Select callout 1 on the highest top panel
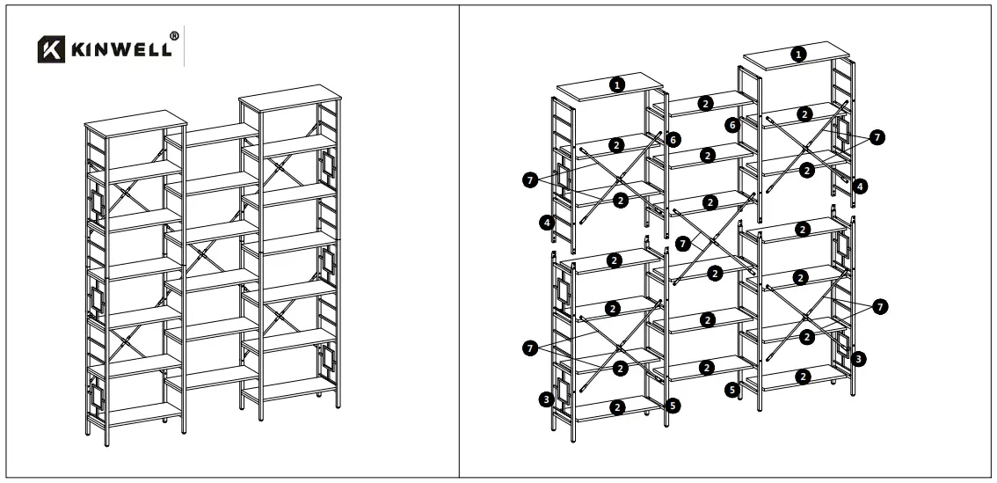pos(797,55)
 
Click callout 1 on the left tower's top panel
pos(618,84)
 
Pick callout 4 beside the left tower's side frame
pos(548,224)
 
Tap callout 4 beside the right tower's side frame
pos(860,186)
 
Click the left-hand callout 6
pos(673,139)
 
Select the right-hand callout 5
pos(731,388)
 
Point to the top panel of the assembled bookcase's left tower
pos(135,120)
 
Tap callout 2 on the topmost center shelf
pos(705,103)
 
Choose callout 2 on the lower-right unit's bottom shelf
pos(801,377)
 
